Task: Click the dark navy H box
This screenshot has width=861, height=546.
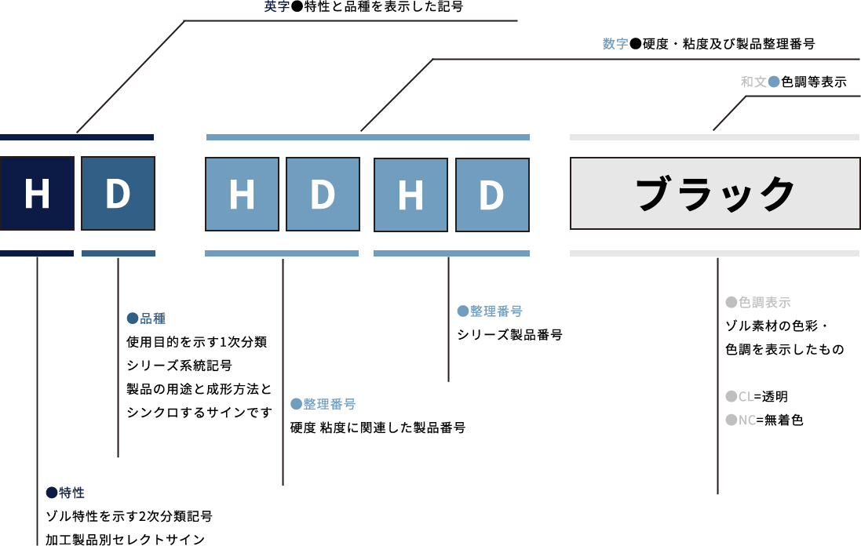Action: click(37, 193)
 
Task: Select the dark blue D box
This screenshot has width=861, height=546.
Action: click(118, 193)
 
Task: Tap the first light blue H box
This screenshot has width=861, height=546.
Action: click(242, 194)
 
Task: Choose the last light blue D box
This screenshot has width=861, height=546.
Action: click(491, 194)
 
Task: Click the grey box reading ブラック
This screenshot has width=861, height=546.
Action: click(715, 193)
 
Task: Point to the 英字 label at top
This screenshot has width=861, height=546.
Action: click(276, 7)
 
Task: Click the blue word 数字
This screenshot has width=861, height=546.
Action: click(615, 44)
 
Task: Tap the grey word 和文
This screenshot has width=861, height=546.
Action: click(753, 82)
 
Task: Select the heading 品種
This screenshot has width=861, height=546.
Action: click(152, 318)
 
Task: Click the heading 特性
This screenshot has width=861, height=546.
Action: click(71, 493)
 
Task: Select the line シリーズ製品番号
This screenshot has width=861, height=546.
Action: click(509, 335)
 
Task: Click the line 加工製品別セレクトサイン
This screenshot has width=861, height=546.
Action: click(125, 539)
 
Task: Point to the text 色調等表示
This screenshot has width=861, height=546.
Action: click(813, 82)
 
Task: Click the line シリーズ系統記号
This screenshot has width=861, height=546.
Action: click(179, 366)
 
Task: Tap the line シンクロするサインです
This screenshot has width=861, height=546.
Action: click(199, 413)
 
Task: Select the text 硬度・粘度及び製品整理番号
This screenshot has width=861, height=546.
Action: click(728, 44)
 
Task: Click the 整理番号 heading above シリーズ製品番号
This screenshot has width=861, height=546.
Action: click(496, 311)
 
